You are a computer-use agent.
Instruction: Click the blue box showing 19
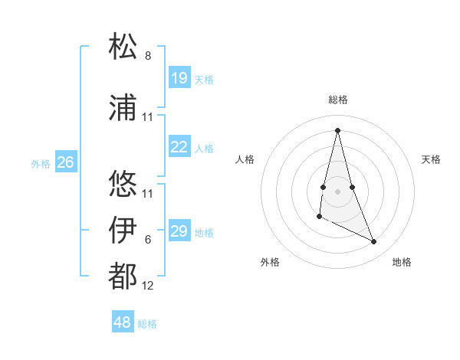[x=179, y=77]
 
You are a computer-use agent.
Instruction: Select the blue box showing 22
[x=179, y=147]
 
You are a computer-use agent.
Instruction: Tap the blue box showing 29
[x=179, y=231]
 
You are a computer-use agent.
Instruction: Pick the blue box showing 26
[x=66, y=162]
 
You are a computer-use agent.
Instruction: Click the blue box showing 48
[x=123, y=322]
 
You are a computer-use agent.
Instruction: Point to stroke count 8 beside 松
[x=148, y=56]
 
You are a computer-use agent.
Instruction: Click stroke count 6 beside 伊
[x=148, y=240]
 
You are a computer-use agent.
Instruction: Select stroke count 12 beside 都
[x=148, y=286]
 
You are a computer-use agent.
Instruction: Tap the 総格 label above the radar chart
[x=337, y=100]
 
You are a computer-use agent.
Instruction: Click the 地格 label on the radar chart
[x=402, y=262]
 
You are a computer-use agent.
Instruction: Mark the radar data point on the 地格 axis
[x=374, y=242]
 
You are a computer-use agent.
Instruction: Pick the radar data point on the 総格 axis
[x=337, y=130]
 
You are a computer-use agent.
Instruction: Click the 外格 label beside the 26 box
[x=41, y=163]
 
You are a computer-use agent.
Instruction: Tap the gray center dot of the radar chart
[x=337, y=180]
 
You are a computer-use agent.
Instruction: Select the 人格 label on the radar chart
[x=245, y=159]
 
